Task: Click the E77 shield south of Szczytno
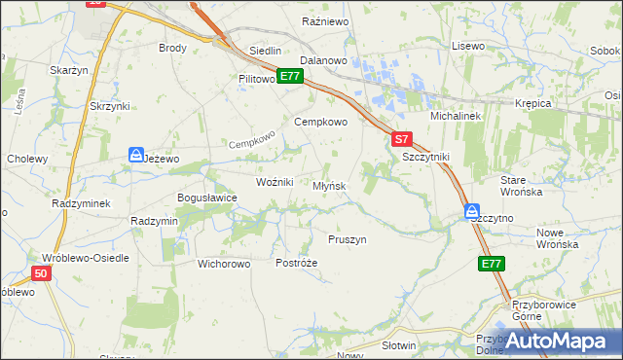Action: click(x=492, y=264)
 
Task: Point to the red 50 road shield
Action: click(x=39, y=274)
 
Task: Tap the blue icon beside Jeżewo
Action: click(x=135, y=155)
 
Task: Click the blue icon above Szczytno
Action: click(x=471, y=210)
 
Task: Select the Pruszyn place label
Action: click(x=347, y=239)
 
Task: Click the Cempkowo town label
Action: click(x=321, y=123)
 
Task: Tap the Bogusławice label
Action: click(x=206, y=198)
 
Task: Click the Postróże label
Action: click(x=297, y=263)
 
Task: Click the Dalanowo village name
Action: click(x=324, y=60)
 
